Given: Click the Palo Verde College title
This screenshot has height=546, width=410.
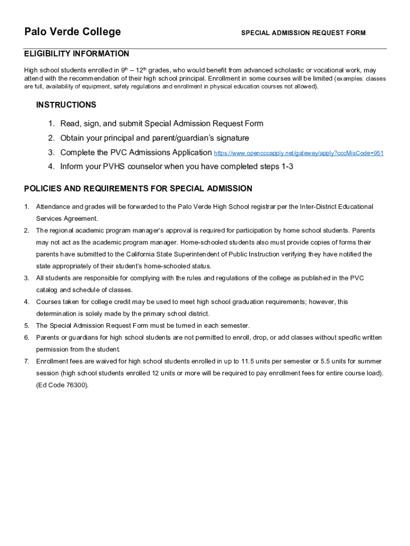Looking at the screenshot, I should (x=72, y=32).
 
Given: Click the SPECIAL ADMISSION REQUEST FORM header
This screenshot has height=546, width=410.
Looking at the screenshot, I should (x=303, y=33).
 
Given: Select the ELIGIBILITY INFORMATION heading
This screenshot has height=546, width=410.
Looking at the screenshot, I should (x=76, y=54).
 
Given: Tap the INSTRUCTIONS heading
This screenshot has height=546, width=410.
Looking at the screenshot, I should (x=66, y=105).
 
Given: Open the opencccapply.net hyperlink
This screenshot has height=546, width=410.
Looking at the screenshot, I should (x=298, y=153).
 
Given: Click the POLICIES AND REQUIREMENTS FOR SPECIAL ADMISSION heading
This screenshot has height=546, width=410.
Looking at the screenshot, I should (x=138, y=189).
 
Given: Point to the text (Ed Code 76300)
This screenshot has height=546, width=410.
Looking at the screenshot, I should (x=62, y=385).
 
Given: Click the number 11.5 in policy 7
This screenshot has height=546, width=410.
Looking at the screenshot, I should (x=248, y=362).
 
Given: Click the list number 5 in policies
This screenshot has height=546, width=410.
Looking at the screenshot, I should (x=27, y=326).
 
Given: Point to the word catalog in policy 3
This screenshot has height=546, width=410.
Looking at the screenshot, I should (x=47, y=290).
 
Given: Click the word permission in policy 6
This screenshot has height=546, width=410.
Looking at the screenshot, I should (x=52, y=350).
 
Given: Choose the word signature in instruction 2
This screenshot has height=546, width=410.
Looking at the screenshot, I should (x=227, y=138).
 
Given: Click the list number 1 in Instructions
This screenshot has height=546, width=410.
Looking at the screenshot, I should (x=51, y=124).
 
